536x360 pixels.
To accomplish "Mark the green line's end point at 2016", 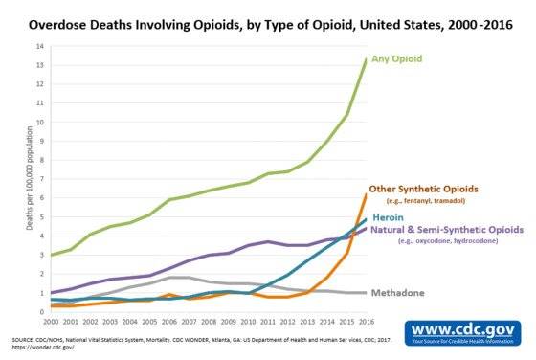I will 365,59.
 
